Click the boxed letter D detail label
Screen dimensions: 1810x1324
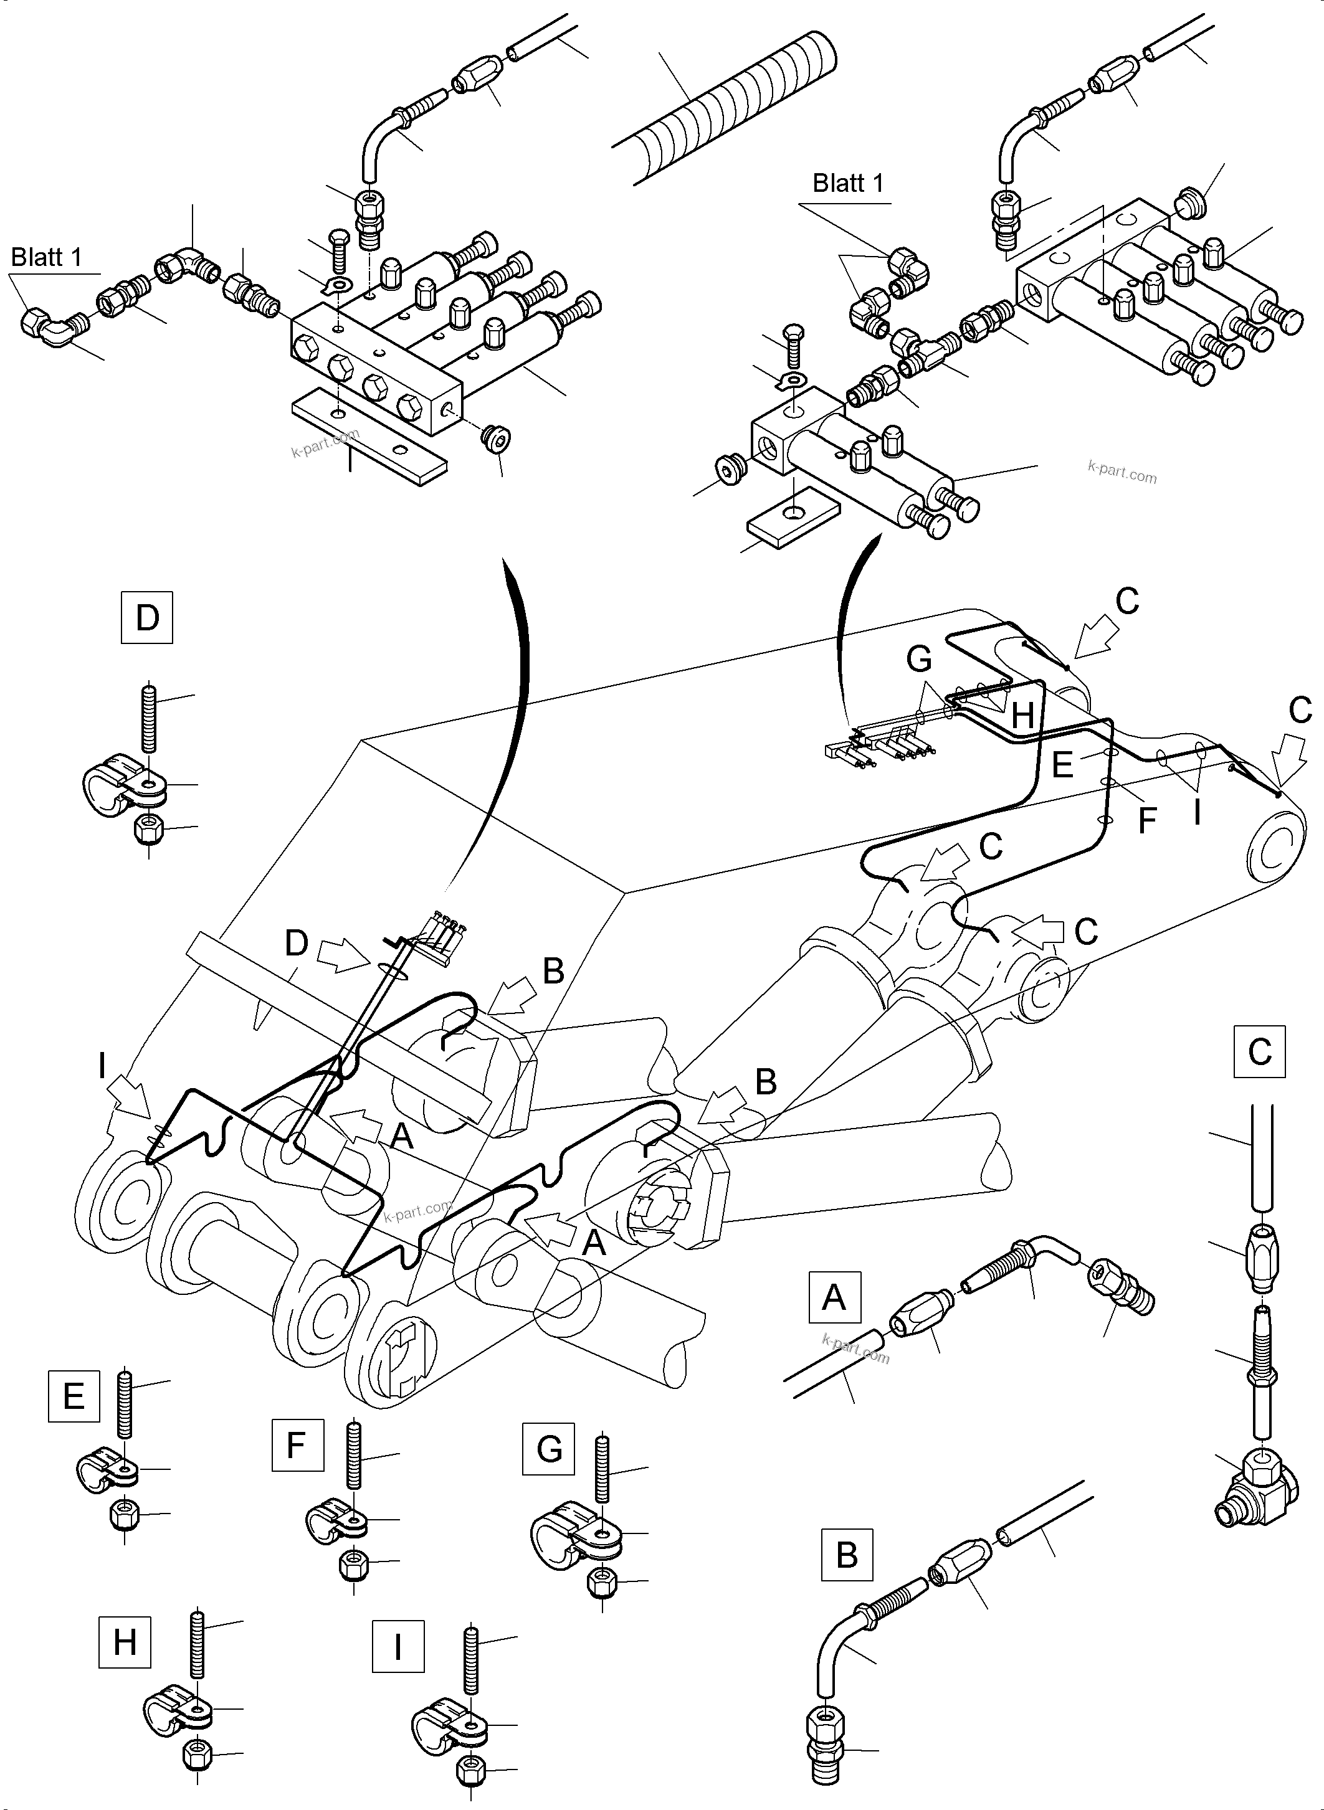[146, 618]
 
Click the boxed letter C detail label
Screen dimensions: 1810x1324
[1259, 1051]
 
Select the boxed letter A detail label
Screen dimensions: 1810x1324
[834, 1296]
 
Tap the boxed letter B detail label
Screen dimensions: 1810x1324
[846, 1555]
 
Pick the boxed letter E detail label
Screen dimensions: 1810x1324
[74, 1396]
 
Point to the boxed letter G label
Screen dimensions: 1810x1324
[549, 1449]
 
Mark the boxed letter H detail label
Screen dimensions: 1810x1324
[125, 1642]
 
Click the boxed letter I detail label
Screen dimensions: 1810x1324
[398, 1645]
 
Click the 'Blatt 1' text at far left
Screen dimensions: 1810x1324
[47, 257]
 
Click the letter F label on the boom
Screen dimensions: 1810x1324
[1147, 820]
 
